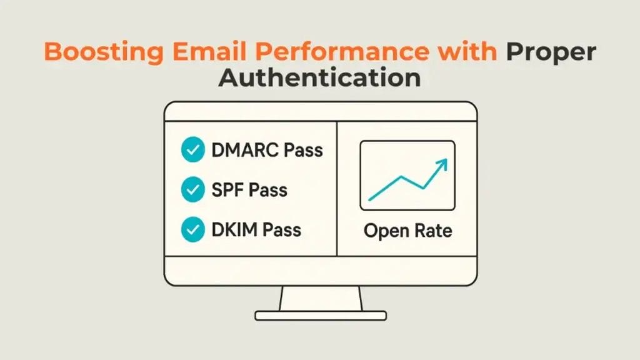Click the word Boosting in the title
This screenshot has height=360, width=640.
point(104,52)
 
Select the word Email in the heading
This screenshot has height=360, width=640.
point(209,51)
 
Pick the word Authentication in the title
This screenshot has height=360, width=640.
point(319,77)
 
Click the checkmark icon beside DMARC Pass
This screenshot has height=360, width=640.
point(192,149)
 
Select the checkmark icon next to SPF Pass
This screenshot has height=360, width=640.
point(192,189)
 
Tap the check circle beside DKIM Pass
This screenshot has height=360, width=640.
point(192,229)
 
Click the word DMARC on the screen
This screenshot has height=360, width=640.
point(245,150)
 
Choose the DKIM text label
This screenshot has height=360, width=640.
point(234,230)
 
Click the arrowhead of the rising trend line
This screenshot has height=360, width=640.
point(442,164)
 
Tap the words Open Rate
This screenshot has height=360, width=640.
point(407,231)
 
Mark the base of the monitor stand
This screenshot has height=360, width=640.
point(321,316)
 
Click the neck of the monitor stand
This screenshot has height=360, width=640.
point(321,298)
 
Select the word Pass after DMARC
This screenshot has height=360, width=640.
point(303,150)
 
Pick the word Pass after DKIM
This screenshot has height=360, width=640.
point(282,230)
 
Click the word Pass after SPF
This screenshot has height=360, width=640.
point(268,190)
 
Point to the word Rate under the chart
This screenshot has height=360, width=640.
point(434,231)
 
